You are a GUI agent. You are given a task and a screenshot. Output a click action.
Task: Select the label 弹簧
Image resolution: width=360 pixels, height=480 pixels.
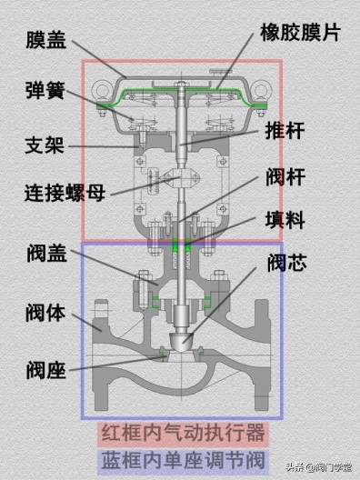pos(44,91)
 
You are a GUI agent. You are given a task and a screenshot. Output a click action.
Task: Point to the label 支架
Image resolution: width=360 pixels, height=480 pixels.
pos(44,145)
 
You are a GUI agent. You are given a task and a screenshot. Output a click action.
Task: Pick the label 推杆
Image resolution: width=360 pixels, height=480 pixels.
pos(285,131)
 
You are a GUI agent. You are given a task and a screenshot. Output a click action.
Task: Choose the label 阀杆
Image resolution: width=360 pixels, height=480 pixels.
pos(285,175)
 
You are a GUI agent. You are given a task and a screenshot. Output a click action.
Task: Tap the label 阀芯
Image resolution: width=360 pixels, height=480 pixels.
pos(287,264)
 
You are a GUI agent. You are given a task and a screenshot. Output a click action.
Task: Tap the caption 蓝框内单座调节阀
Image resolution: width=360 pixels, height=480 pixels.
pos(180,454)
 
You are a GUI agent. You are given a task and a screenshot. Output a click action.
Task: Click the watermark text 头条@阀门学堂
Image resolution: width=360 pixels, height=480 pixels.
pos(318,468)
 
